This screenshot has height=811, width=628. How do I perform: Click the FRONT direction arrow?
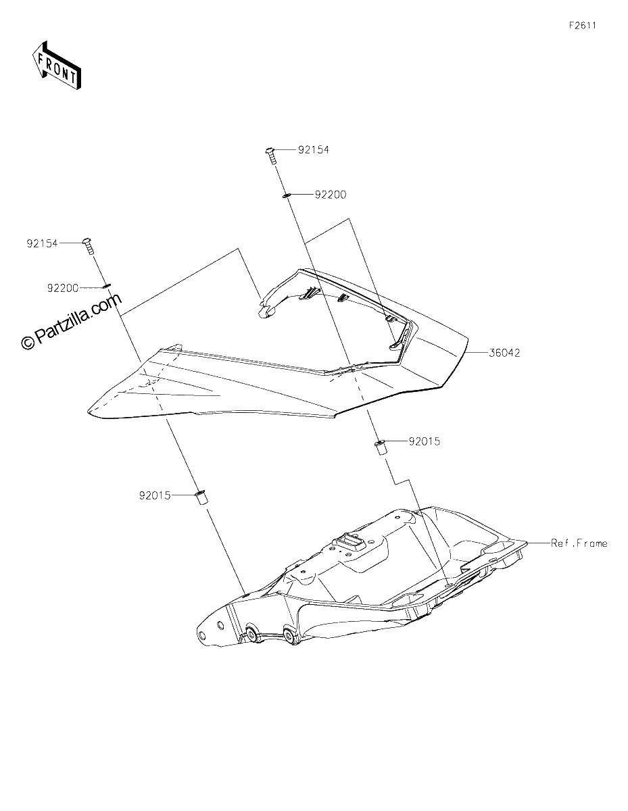[56, 66]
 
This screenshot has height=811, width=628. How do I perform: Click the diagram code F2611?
[583, 26]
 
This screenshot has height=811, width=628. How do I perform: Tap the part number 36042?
[504, 353]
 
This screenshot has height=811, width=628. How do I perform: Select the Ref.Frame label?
[579, 543]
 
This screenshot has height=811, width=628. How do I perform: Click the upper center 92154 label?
[314, 150]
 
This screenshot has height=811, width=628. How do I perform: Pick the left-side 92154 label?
[42, 243]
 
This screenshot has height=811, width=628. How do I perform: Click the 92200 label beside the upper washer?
[331, 195]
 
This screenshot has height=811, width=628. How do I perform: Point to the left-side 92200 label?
[63, 288]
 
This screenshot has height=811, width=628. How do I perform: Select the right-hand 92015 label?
[425, 441]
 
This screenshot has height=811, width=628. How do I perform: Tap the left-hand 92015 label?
[155, 495]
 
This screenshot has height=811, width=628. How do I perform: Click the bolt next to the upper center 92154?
[271, 156]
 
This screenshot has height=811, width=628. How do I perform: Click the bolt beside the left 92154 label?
[89, 246]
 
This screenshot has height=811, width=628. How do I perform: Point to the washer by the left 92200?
[107, 287]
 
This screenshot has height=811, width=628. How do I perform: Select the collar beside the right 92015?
[380, 447]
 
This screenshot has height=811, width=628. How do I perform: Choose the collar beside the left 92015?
[201, 499]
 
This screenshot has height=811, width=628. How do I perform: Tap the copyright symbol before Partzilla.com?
[28, 342]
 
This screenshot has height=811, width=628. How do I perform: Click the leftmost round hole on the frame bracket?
[202, 635]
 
